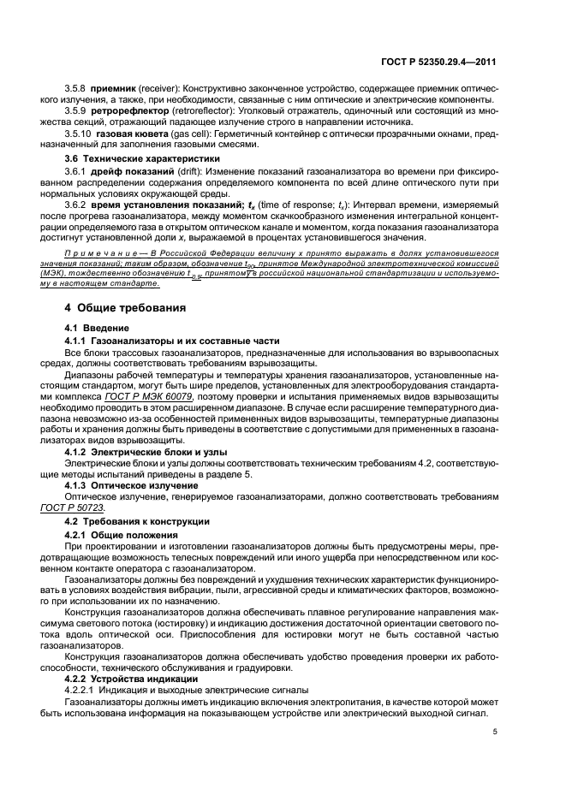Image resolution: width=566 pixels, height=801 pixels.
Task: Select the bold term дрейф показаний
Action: pyautogui.click(x=132, y=173)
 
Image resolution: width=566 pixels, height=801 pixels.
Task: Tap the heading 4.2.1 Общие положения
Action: pyautogui.click(x=117, y=535)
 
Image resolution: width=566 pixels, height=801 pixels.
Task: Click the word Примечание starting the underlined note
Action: pyautogui.click(x=101, y=254)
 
